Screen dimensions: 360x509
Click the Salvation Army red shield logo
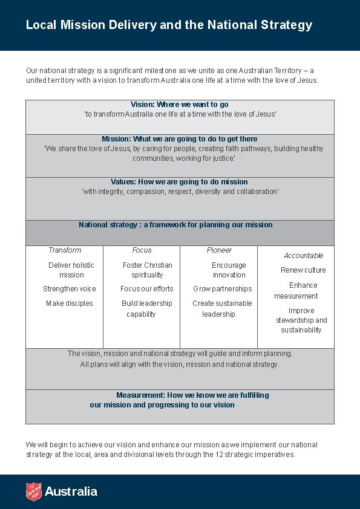coord(33,491)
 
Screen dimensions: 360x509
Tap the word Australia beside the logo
coord(71,491)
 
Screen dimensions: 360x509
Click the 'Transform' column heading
coord(65,250)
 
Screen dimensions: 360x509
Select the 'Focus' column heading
coord(142,250)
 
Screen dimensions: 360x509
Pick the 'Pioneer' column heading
coord(219,250)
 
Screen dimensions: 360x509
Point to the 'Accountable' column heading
coord(303,256)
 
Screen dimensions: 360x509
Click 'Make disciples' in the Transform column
coord(70,303)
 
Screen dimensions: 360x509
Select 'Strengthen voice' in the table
coord(70,289)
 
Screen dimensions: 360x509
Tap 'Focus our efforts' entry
coord(147,289)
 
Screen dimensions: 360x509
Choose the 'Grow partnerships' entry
coord(223,289)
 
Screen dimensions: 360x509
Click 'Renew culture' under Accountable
coord(303,270)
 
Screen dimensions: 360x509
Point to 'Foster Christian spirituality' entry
coord(147,270)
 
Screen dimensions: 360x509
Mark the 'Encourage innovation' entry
coord(229,270)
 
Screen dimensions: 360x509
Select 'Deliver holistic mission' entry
coord(71,270)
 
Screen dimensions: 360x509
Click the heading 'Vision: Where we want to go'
coord(180,105)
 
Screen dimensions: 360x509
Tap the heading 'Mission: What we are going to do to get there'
coord(180,139)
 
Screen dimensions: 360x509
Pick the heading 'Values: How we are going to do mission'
coord(179,182)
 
